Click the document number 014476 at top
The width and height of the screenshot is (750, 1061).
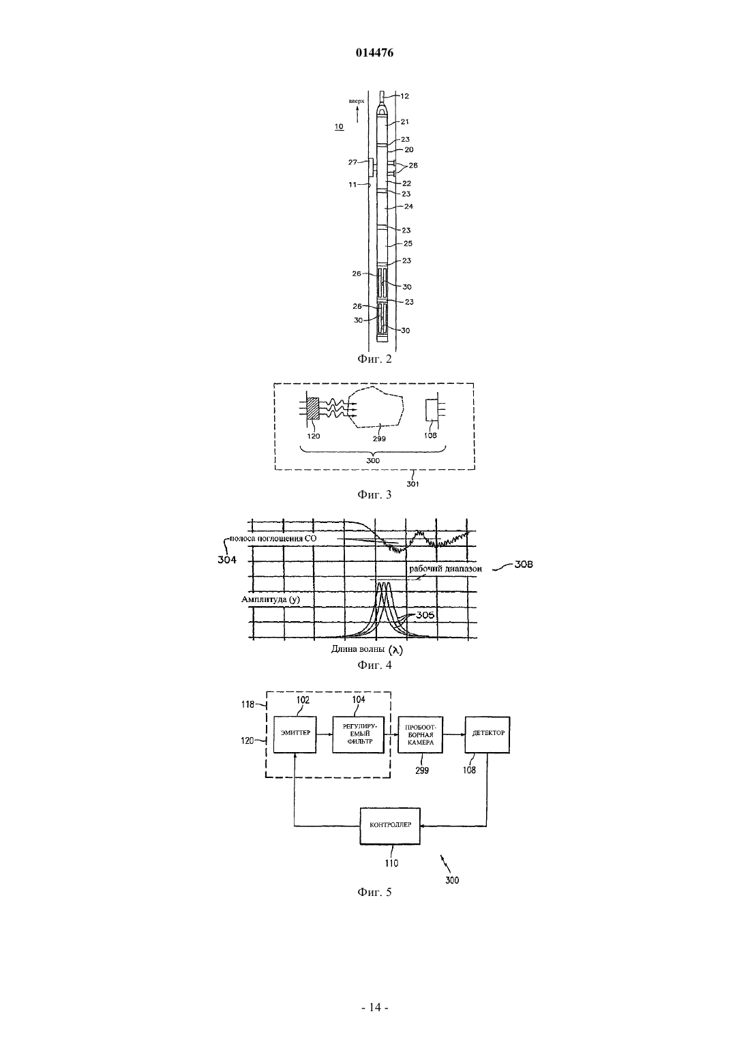(374, 53)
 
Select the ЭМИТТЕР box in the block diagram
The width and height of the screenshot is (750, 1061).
(295, 734)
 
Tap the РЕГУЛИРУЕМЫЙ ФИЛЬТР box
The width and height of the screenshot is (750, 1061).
(359, 734)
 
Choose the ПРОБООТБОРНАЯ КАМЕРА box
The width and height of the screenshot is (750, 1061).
(420, 734)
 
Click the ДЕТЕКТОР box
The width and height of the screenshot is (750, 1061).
(487, 734)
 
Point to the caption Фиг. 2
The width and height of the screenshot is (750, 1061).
(374, 359)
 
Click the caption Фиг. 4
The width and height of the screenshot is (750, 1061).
(374, 665)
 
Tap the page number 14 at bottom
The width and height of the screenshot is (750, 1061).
(375, 1007)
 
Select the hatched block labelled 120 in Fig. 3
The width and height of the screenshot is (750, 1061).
(314, 408)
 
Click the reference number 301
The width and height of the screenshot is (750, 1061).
(412, 484)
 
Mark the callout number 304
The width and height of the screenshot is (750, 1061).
(227, 560)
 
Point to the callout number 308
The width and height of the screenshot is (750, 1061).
(523, 564)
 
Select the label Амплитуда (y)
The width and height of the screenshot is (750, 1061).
(271, 599)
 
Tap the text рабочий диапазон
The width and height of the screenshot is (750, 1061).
(445, 569)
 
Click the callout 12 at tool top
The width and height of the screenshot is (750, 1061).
(404, 96)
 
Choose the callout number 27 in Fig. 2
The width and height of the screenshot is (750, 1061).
(352, 162)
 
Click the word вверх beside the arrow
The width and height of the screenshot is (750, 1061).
(357, 101)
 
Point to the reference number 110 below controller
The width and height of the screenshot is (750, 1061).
(391, 863)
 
